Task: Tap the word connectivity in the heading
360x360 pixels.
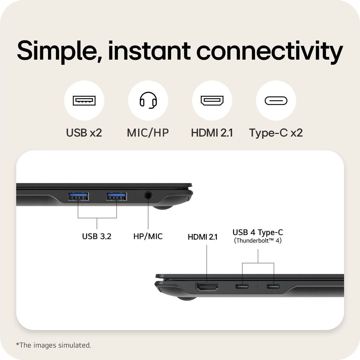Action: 270,51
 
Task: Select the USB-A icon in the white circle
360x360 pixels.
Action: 84,101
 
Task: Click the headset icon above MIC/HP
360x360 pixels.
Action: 148,100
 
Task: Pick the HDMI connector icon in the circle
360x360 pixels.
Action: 212,100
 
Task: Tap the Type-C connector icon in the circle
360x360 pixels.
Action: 276,101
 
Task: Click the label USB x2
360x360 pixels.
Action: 84,133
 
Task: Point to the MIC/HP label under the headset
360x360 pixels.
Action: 148,133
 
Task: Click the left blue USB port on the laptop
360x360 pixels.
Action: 78,196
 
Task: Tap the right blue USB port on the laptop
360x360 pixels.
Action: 116,196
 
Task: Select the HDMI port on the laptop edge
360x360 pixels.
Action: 207,287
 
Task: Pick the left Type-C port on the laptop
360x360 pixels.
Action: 242,286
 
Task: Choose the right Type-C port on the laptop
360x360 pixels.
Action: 273,286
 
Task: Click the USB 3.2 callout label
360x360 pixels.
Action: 97,236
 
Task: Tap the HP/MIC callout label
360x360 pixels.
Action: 148,236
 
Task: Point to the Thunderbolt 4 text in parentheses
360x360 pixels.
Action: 258,240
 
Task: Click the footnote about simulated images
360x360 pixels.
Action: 54,345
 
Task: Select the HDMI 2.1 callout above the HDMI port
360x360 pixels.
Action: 203,237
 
